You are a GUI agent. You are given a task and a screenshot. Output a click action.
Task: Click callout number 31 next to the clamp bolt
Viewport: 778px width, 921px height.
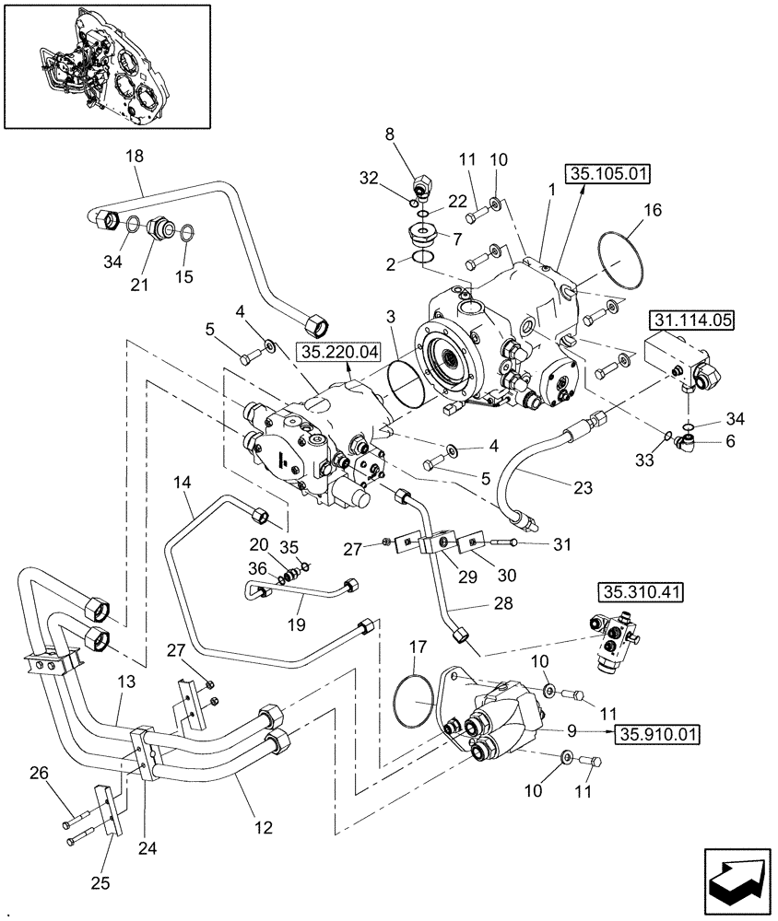click(561, 545)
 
